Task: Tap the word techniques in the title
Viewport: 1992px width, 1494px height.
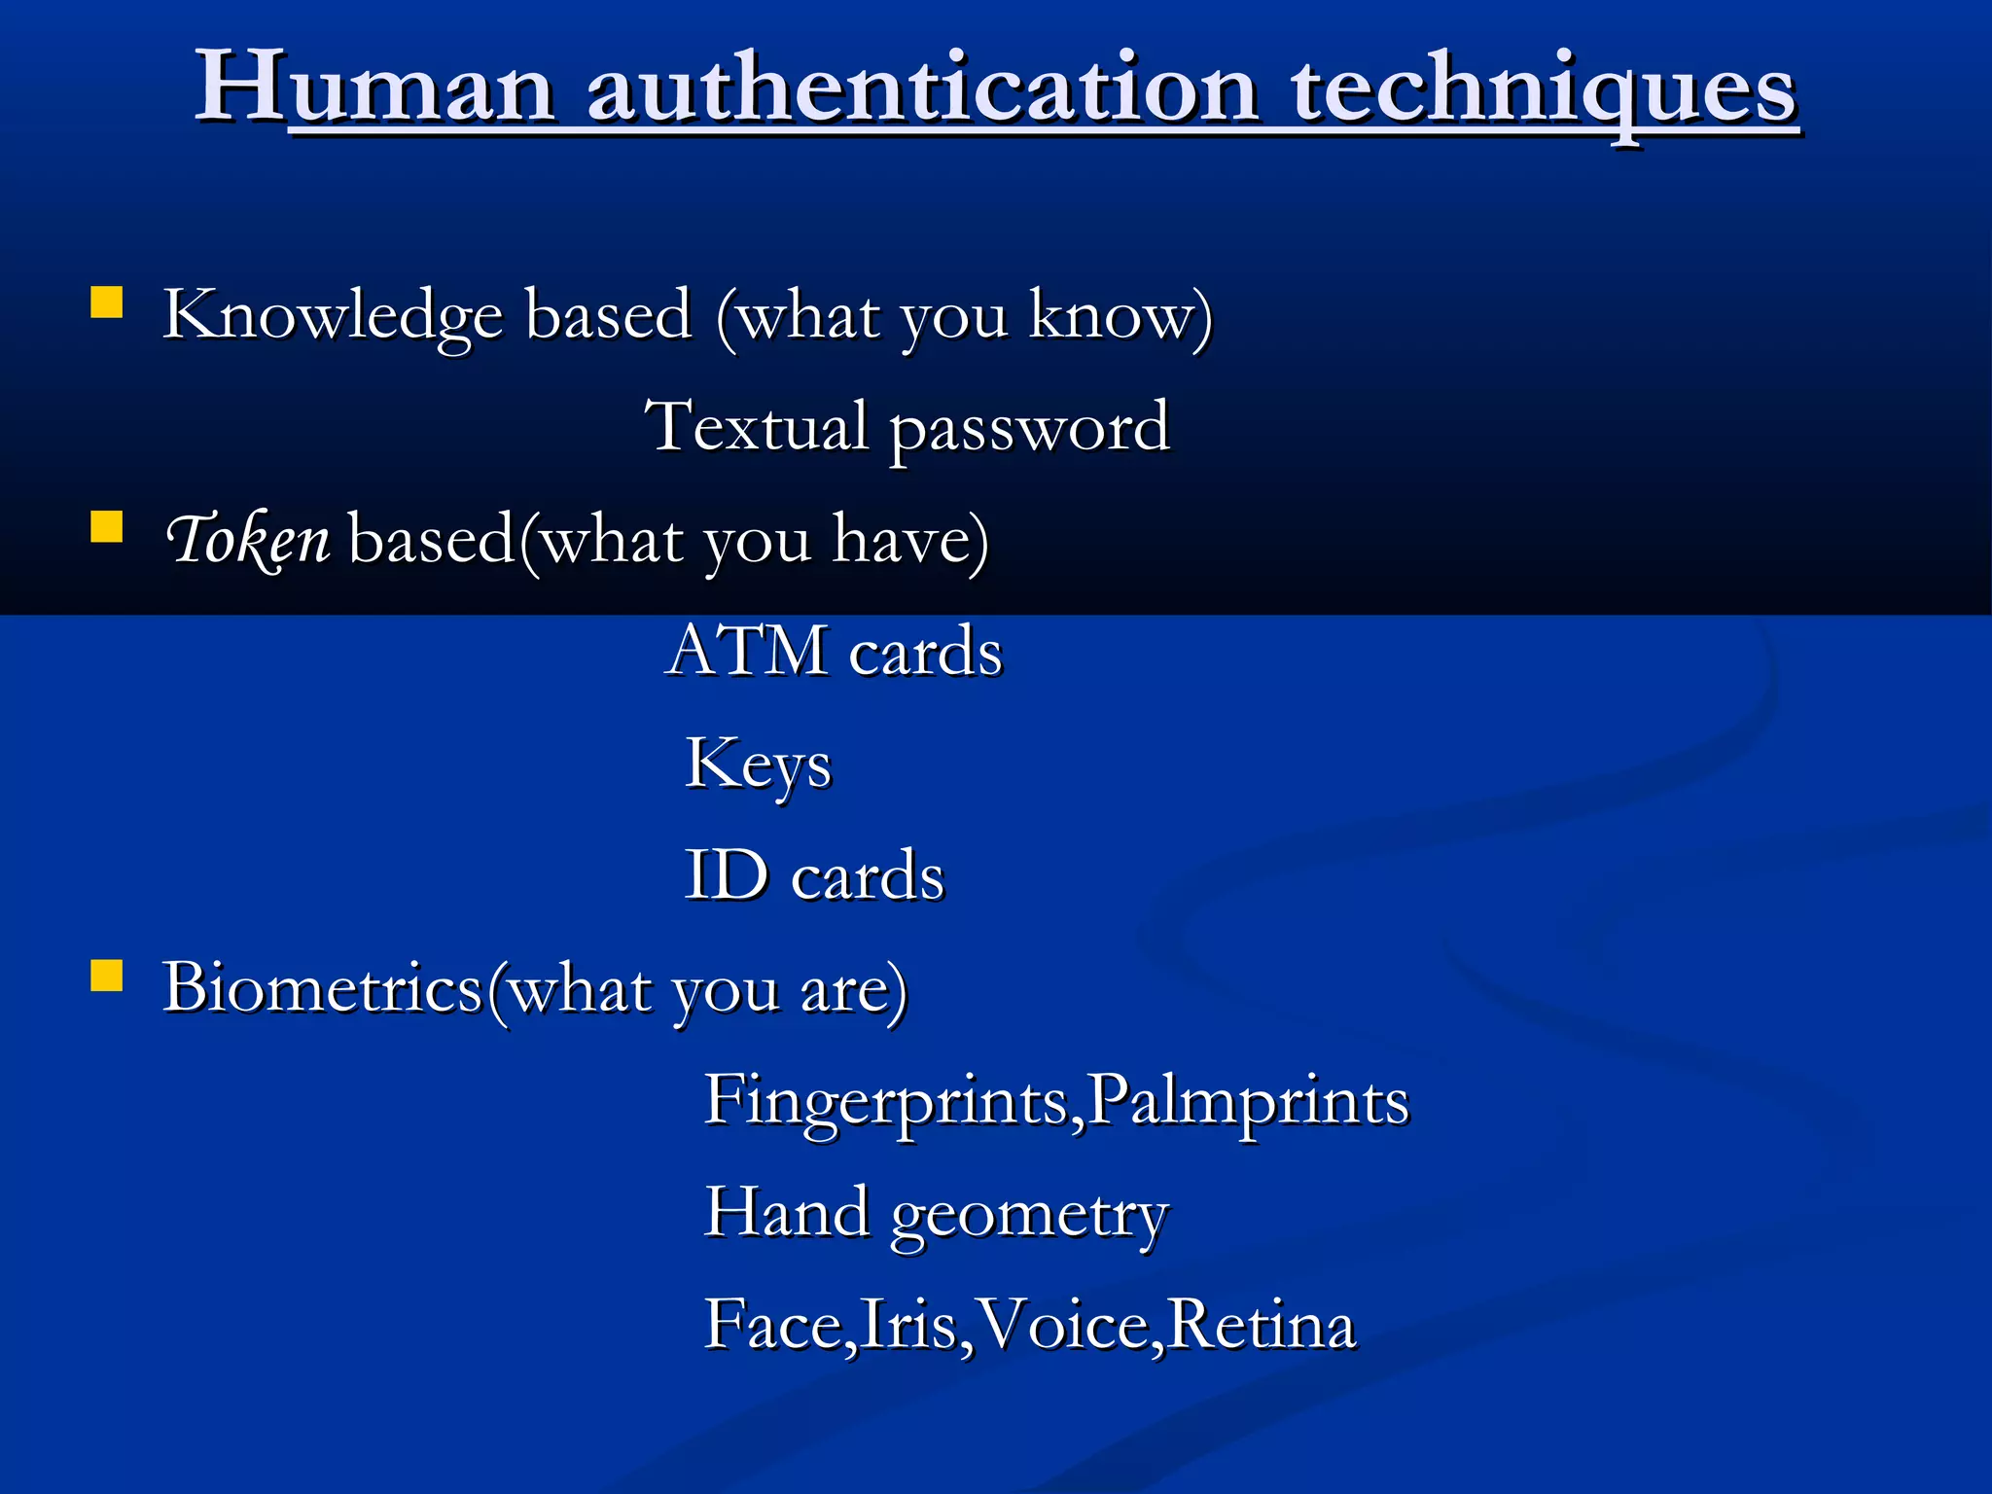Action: click(1543, 89)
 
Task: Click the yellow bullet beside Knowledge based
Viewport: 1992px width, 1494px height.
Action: click(106, 302)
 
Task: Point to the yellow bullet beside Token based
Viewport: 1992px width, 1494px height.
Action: click(106, 527)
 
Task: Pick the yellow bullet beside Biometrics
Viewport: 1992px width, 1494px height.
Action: click(106, 976)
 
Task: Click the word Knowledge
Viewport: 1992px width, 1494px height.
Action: click(332, 316)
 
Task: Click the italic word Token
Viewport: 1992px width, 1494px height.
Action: click(248, 540)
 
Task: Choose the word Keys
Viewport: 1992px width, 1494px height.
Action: click(758, 765)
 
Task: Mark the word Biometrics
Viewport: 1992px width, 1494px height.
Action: click(322, 988)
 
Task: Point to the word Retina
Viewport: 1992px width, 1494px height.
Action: click(1262, 1325)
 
